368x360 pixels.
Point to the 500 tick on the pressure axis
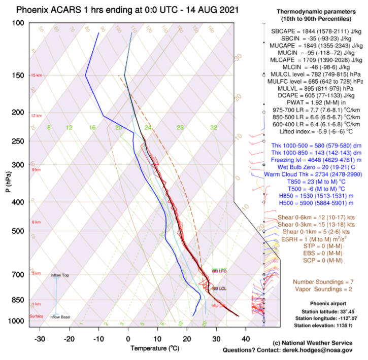(x=18, y=231)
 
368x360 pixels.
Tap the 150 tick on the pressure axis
(x=18, y=76)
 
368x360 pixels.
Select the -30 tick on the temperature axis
(x=40, y=338)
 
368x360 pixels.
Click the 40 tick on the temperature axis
(x=246, y=338)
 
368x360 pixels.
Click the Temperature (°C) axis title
(x=155, y=348)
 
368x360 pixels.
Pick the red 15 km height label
(x=36, y=76)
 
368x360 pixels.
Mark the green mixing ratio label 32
(x=214, y=128)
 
